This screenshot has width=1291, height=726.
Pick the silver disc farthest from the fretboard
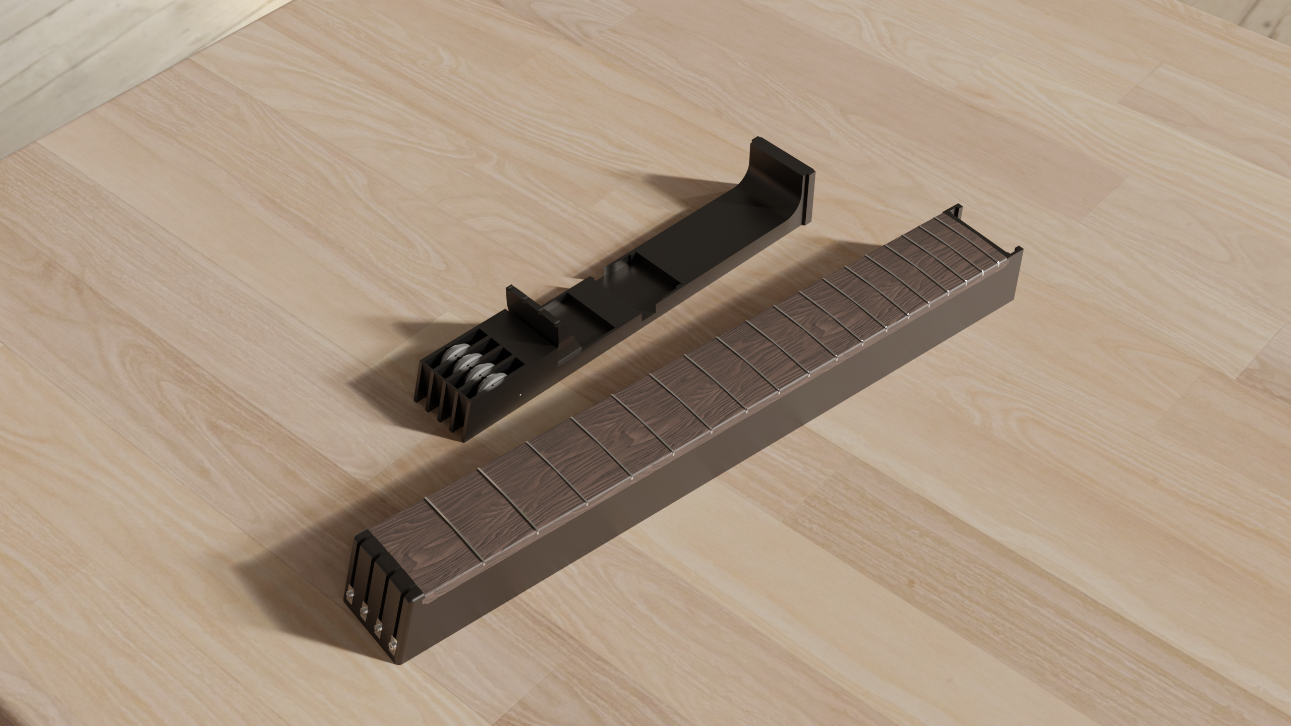452,356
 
